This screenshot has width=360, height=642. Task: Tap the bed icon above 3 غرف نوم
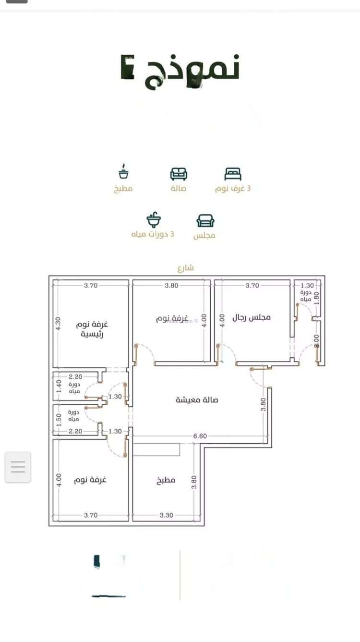[x=233, y=173]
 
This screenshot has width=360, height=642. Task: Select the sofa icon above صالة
[x=179, y=173]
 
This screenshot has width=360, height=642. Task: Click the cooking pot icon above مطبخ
[x=124, y=172]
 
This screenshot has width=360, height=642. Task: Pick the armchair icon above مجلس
[x=205, y=220]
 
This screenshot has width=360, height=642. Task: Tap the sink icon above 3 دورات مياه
[x=153, y=220]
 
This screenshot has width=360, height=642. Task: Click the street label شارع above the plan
[x=185, y=268]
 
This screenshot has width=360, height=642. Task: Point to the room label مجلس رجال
[x=252, y=317]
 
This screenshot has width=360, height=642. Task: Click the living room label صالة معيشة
[x=197, y=400]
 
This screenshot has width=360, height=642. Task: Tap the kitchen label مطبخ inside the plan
[x=166, y=480]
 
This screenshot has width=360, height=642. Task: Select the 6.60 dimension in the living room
[x=200, y=436]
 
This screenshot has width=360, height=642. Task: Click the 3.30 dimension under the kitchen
[x=167, y=515]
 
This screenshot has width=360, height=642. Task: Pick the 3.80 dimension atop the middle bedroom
[x=171, y=285]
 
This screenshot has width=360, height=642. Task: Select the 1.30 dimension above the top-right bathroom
[x=307, y=285]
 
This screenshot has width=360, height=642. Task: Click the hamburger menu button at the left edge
[x=18, y=467]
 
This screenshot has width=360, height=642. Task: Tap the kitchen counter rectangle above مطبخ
[x=156, y=449]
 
